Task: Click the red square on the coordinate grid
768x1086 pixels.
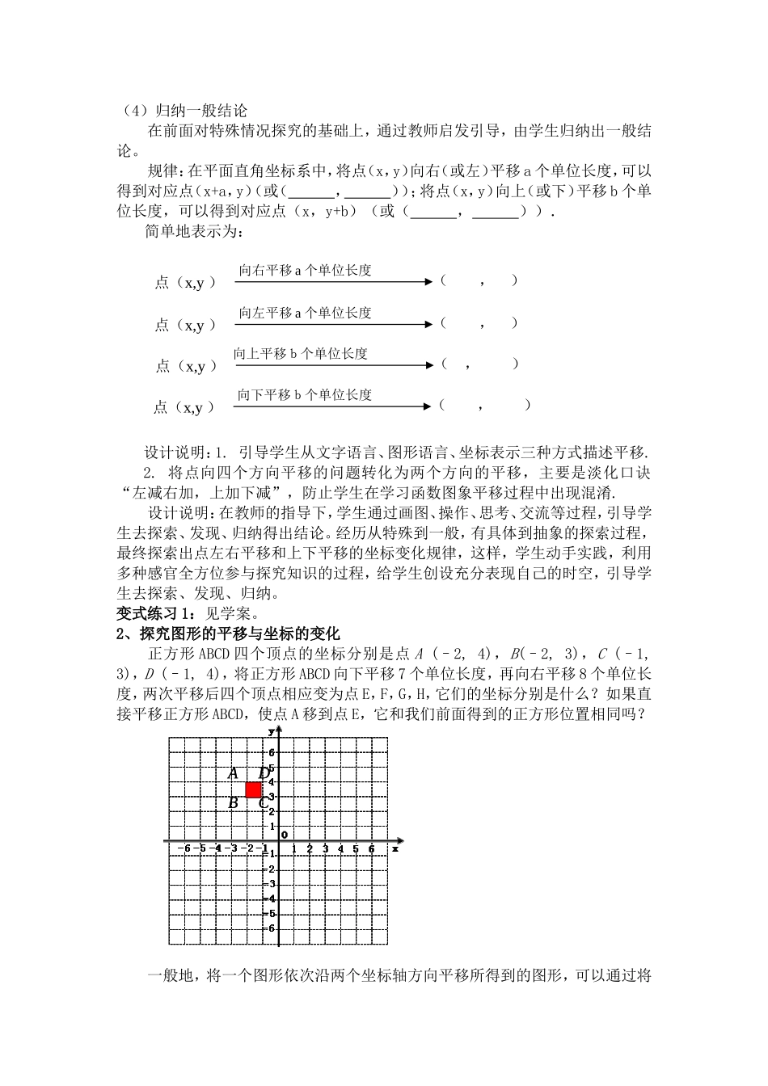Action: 253,789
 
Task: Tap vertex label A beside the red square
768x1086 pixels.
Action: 233,773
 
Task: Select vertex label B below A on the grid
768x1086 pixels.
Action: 233,802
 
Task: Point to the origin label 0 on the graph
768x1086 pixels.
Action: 284,835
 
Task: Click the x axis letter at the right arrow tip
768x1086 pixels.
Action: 395,848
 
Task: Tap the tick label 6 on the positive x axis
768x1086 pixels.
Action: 371,848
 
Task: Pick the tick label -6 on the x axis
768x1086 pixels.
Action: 185,848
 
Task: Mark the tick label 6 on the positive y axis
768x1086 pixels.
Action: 272,752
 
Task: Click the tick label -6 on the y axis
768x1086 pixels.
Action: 270,928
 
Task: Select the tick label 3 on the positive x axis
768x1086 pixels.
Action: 325,848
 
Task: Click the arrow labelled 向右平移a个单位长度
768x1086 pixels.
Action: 334,282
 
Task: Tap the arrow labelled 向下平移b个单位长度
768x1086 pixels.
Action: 334,406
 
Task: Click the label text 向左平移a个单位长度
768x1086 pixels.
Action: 305,313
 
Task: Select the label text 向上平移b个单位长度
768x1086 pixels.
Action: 301,354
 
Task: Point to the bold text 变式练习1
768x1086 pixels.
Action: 151,613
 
